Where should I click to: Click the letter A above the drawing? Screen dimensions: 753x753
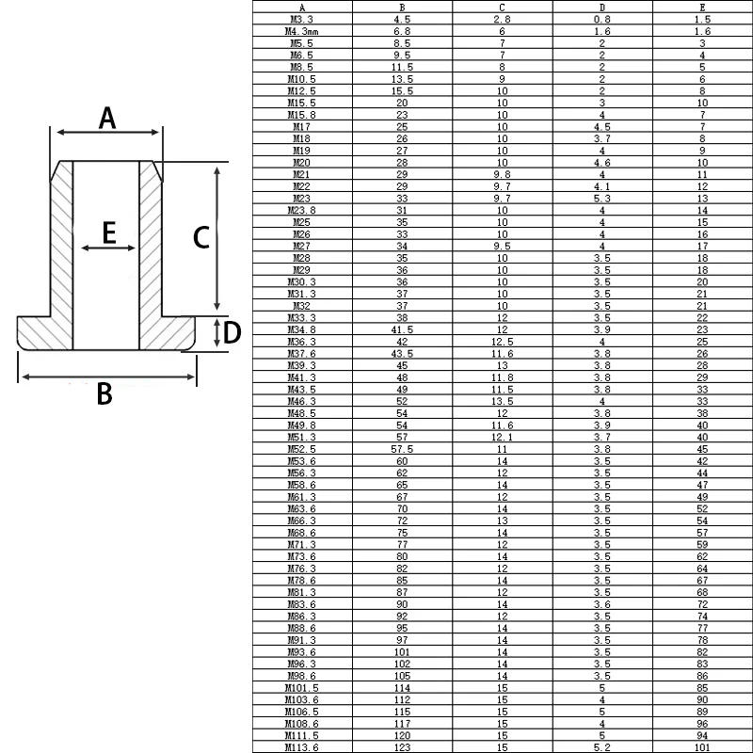point(107,119)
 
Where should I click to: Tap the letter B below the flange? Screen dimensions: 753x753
point(104,393)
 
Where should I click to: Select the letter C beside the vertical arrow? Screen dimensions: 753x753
point(201,237)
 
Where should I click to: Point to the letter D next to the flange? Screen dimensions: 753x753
point(232,332)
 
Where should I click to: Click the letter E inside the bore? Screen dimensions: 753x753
point(109,232)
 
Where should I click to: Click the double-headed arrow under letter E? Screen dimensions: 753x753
point(108,248)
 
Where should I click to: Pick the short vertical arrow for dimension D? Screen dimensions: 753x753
point(217,332)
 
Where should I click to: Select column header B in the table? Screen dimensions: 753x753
point(403,8)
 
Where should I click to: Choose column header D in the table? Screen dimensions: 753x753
point(602,8)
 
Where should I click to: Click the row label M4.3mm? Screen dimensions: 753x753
point(301,31)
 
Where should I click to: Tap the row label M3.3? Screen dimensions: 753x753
point(301,19)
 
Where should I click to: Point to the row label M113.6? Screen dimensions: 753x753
point(301,747)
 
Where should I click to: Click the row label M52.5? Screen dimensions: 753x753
point(301,449)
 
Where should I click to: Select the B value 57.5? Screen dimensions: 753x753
point(403,449)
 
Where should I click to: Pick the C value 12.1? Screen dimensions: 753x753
point(503,437)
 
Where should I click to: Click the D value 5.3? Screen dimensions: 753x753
point(602,199)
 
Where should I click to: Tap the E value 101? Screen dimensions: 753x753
point(702,747)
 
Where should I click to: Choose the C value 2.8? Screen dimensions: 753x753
point(503,19)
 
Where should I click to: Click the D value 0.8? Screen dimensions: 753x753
point(602,19)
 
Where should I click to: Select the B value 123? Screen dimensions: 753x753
point(403,747)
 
